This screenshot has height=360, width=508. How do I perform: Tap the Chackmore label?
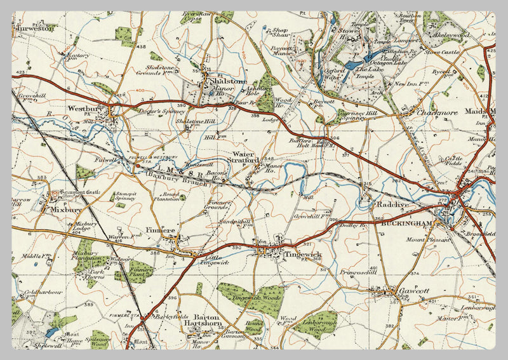pyautogui.click(x=438, y=112)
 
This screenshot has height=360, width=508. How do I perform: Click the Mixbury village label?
pyautogui.click(x=62, y=207)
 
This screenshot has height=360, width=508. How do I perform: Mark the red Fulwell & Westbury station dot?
pyautogui.click(x=138, y=166)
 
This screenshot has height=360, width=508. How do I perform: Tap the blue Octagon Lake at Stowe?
pyautogui.click(x=353, y=65)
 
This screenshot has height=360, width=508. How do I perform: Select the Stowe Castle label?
pyautogui.click(x=441, y=53)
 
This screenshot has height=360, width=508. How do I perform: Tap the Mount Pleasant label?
pyautogui.click(x=424, y=240)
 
